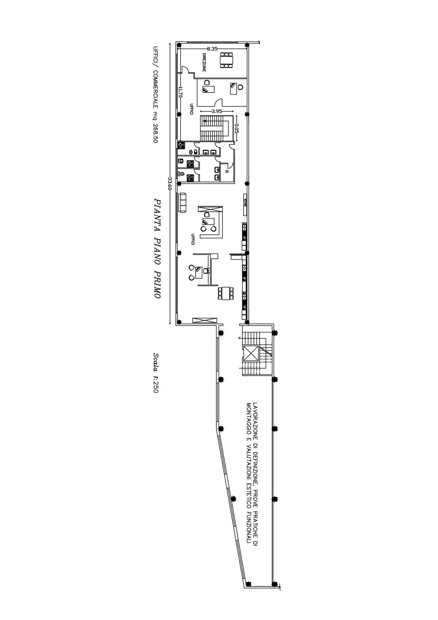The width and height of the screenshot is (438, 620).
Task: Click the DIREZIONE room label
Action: tap(204, 63)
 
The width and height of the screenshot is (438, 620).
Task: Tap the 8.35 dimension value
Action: tap(212, 49)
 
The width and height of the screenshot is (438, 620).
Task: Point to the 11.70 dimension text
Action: tap(180, 92)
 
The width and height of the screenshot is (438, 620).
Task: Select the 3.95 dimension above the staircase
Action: tap(217, 111)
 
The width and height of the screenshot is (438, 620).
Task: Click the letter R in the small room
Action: tap(227, 172)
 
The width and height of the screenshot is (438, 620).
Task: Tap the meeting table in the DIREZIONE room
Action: tap(227, 60)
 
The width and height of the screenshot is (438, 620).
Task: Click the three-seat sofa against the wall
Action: tap(182, 203)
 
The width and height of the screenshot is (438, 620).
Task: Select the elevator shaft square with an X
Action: tap(251, 354)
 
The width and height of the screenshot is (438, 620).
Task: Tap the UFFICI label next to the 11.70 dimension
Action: tap(191, 109)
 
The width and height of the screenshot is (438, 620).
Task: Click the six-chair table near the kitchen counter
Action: tap(225, 293)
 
